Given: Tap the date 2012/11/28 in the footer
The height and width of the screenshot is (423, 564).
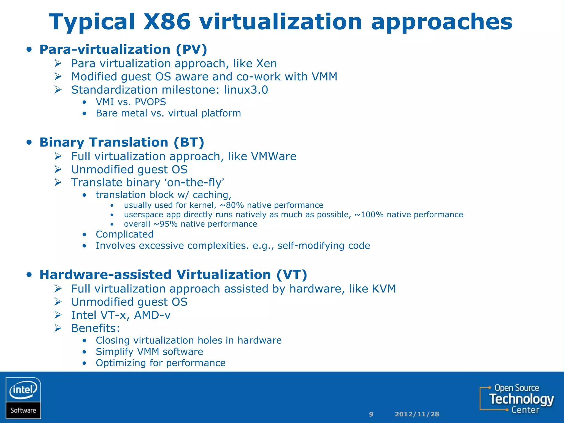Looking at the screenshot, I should (417, 414).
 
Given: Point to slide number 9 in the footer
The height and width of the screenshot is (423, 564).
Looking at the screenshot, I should (371, 414).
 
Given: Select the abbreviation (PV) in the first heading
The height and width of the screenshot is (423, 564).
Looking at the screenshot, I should (191, 50).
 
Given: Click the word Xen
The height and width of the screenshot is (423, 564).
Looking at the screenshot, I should (266, 64).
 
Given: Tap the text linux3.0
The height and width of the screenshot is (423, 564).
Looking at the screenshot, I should (246, 90).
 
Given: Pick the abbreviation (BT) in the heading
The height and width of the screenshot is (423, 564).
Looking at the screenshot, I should (189, 142).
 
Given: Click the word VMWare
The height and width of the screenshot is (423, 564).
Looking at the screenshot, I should (273, 156).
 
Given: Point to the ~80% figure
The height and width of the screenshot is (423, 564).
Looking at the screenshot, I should (232, 205).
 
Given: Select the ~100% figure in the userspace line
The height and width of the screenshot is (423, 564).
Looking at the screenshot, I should (369, 215).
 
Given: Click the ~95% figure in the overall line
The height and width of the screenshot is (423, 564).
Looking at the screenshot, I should (165, 224).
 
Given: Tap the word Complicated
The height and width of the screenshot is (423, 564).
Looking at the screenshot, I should (124, 234).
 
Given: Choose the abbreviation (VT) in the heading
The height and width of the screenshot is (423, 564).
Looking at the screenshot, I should (292, 275).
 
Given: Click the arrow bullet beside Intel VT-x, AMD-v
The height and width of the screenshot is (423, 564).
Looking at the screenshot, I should (58, 315).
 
